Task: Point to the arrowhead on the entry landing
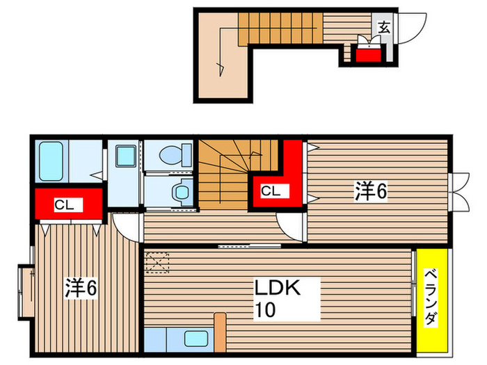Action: [220, 67]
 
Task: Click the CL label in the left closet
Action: [64, 205]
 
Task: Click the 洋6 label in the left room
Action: [81, 286]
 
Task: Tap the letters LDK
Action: [276, 288]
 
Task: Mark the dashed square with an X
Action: [157, 263]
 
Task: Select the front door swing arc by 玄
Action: [413, 28]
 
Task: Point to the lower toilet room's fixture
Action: [183, 189]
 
